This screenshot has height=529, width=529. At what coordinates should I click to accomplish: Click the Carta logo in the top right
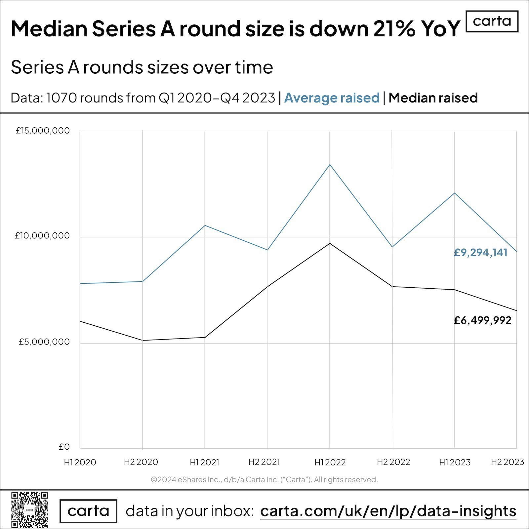point(492,21)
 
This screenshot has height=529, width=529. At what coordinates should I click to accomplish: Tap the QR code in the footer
point(29,509)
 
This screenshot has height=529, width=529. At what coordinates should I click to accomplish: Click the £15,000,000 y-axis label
point(43,131)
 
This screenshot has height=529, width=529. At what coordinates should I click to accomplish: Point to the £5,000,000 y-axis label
point(44,342)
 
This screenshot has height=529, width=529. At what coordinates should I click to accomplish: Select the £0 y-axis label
point(64,447)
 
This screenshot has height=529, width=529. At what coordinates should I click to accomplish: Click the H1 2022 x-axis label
point(330,462)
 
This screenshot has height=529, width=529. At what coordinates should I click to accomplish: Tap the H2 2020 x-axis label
point(141,462)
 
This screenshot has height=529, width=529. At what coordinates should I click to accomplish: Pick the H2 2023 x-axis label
point(508,462)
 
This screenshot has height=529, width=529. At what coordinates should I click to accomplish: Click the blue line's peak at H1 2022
point(330,165)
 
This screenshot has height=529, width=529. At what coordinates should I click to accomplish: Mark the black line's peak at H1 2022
point(330,243)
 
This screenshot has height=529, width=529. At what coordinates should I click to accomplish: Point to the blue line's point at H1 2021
point(205,225)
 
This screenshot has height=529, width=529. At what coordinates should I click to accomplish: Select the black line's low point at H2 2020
point(142,340)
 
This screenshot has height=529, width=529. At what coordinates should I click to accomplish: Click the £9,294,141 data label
point(480,253)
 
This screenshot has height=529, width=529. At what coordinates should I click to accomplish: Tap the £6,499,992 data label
point(482,320)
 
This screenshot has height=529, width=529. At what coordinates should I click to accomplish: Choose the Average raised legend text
point(332,98)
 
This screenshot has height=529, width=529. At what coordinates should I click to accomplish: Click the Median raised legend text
point(433,98)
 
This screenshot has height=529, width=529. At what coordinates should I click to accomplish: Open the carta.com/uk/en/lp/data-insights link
point(388,511)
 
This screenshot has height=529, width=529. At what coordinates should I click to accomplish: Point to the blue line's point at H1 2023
point(455,193)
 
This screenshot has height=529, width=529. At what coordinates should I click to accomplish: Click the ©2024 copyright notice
point(264,479)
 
